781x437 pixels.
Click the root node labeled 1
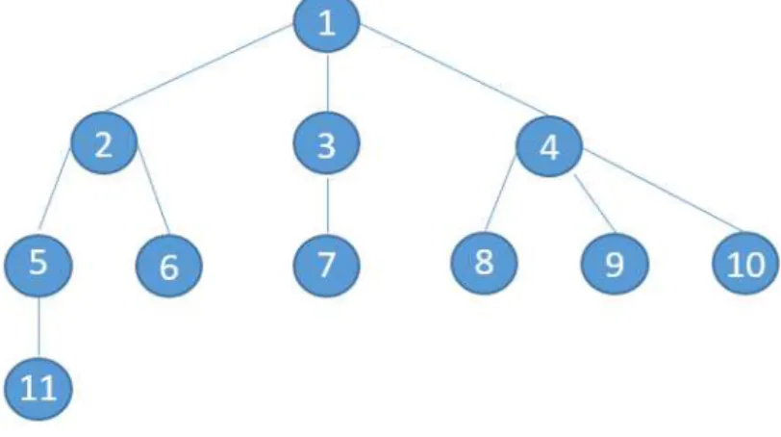[x=326, y=23]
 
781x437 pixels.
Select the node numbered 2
[x=104, y=143]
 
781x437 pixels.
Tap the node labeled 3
[x=326, y=143]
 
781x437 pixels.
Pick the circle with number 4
[x=549, y=146]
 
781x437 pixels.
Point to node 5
[x=38, y=265]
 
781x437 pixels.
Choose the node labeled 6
[x=169, y=266]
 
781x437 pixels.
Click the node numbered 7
[x=326, y=265]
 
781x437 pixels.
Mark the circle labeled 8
[x=484, y=263]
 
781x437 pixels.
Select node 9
[x=615, y=264]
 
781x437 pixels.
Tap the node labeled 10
[x=745, y=263]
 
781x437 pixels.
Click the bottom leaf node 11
[x=38, y=389]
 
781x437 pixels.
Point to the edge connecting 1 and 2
[x=199, y=67]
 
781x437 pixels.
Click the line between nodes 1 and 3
[x=327, y=82]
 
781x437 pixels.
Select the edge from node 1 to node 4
[x=453, y=70]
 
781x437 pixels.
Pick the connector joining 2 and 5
[x=55, y=190]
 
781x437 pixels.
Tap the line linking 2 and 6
[x=154, y=190]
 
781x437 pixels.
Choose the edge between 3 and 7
[x=327, y=204]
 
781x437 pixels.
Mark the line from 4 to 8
[x=500, y=193]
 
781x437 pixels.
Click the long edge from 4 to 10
[x=664, y=191]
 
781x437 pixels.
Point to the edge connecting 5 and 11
[x=38, y=327]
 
